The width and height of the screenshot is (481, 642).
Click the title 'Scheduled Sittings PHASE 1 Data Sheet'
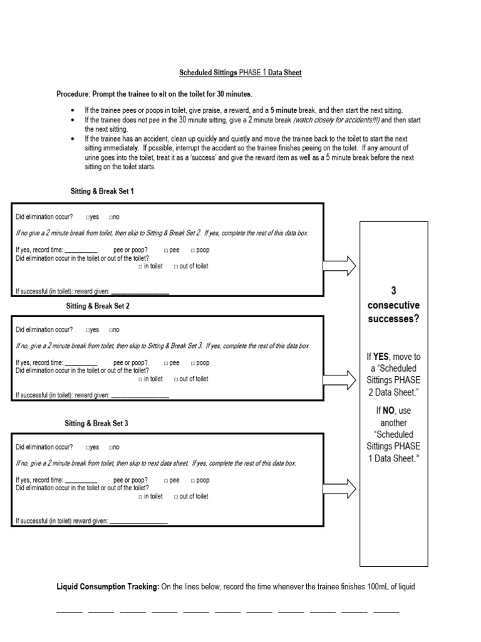(x=240, y=73)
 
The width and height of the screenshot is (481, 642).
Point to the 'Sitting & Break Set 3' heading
(x=96, y=423)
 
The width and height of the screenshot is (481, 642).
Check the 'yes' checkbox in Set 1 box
(x=88, y=217)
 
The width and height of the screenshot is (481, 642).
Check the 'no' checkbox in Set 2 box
(x=110, y=330)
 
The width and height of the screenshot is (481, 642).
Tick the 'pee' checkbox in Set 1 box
(x=166, y=250)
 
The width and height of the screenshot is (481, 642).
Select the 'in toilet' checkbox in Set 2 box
(x=141, y=379)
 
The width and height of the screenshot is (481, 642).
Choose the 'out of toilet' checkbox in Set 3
(x=176, y=496)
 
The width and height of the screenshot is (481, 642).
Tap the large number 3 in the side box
(x=393, y=290)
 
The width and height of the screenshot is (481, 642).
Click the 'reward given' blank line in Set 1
(x=140, y=292)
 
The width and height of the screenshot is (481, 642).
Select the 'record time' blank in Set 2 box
(x=81, y=364)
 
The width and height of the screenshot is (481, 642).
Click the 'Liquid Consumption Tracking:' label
(x=108, y=587)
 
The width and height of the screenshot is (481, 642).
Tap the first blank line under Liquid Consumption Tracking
(x=69, y=611)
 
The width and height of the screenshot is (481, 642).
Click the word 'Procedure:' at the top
(x=73, y=94)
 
